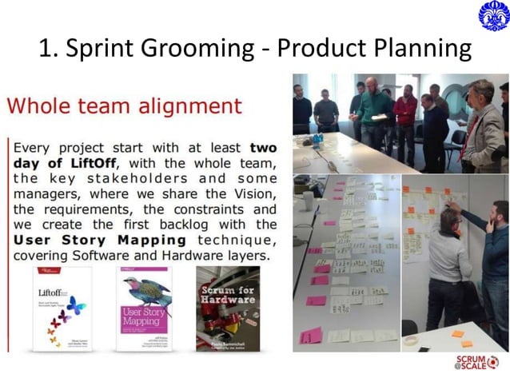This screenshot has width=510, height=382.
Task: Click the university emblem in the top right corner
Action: click(x=492, y=16)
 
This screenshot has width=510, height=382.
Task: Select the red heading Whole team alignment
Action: click(x=124, y=105)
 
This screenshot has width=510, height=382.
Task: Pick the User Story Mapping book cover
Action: click(x=143, y=308)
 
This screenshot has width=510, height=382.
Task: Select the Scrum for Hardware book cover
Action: click(x=227, y=308)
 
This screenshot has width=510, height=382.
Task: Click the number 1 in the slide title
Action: click(x=46, y=50)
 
